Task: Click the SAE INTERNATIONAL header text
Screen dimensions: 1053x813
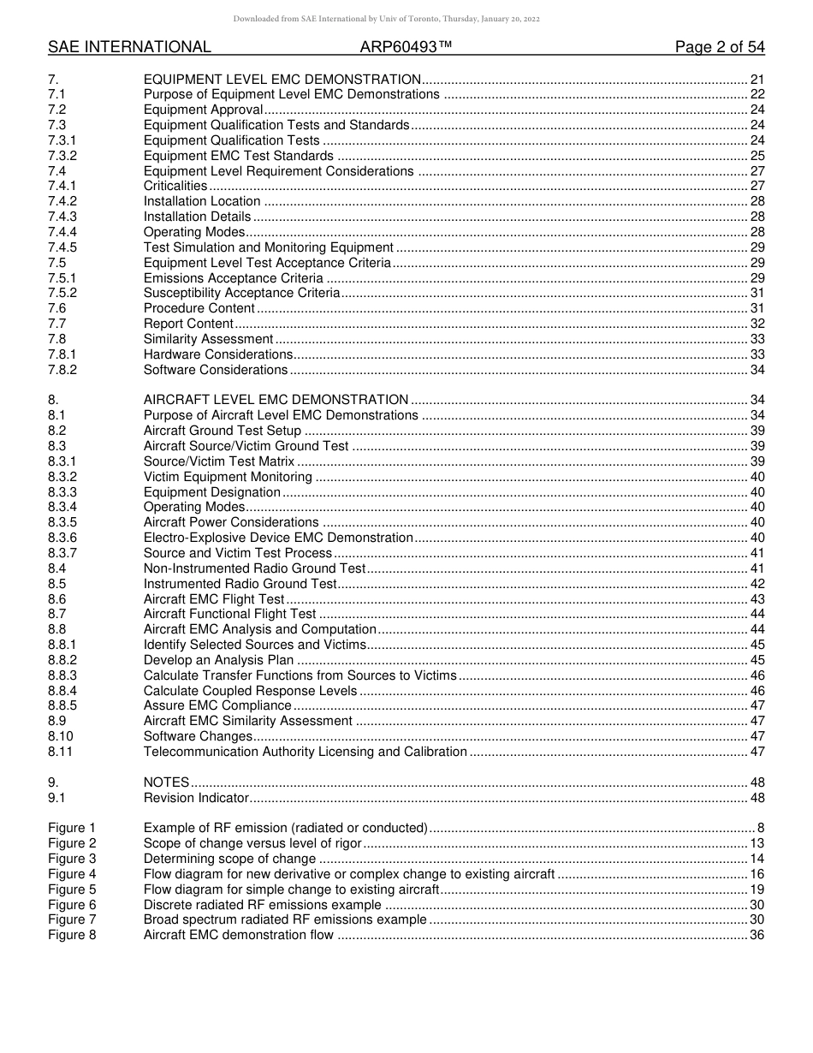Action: (129, 47)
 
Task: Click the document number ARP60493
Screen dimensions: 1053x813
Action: (406, 47)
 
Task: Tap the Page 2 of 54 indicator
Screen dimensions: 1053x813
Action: (720, 47)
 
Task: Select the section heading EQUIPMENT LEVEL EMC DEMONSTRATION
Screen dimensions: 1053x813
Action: (282, 79)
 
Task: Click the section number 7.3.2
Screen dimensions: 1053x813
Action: (62, 156)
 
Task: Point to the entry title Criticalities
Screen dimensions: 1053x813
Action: (175, 186)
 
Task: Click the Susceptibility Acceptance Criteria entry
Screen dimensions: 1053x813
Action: (241, 293)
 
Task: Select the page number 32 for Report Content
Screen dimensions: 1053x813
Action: (757, 324)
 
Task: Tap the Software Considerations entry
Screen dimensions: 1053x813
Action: (216, 370)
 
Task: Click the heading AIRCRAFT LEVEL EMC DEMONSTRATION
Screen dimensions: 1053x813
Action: (276, 400)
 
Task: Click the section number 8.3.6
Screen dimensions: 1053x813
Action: (62, 538)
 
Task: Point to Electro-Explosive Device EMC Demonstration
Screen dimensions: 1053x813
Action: (278, 538)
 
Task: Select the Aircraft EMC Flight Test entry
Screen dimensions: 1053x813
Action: (214, 599)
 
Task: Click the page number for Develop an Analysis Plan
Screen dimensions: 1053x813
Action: (757, 660)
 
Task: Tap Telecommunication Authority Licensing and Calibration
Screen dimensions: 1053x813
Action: (305, 752)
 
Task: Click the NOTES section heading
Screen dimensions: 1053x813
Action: (166, 782)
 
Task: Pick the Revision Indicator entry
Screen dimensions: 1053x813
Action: (196, 798)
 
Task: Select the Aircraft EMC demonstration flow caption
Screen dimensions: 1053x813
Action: (239, 935)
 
